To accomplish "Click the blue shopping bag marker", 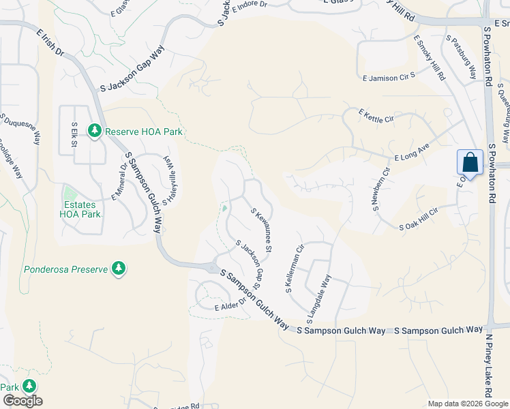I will pyautogui.click(x=470, y=162).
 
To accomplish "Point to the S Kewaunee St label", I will pyautogui.click(x=262, y=229).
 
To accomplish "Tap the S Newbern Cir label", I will pyautogui.click(x=380, y=189).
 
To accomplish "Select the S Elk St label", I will pyautogui.click(x=74, y=134).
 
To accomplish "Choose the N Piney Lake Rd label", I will pyautogui.click(x=488, y=365).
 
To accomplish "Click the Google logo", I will pyautogui.click(x=22, y=401).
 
